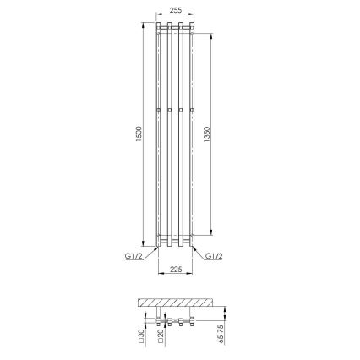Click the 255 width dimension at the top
175,9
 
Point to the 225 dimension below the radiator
175,271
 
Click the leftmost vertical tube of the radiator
161,135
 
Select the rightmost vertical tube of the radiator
190,135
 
